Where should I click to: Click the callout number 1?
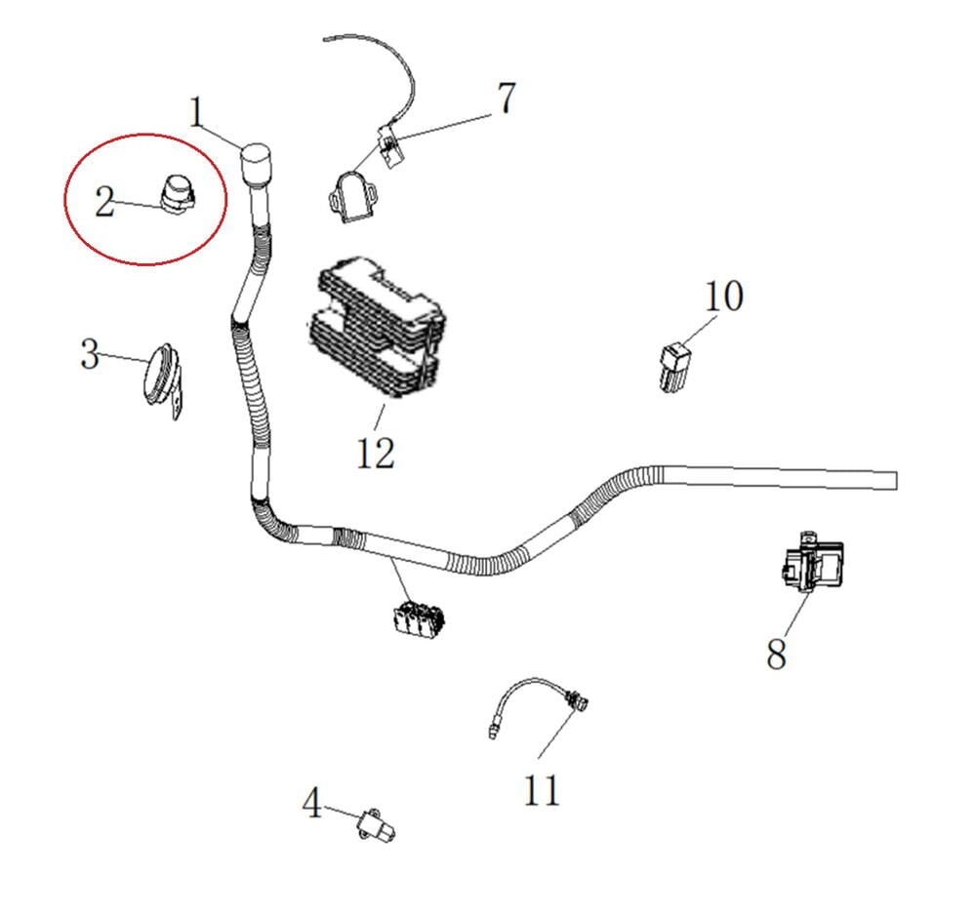(198, 113)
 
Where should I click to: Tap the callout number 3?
(90, 354)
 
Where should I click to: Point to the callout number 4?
(312, 805)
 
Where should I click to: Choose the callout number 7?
(504, 99)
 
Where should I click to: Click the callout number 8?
(776, 655)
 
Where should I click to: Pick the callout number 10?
(724, 296)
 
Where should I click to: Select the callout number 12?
(376, 452)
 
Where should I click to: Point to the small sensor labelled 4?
(377, 826)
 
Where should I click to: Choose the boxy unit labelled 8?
(810, 564)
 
